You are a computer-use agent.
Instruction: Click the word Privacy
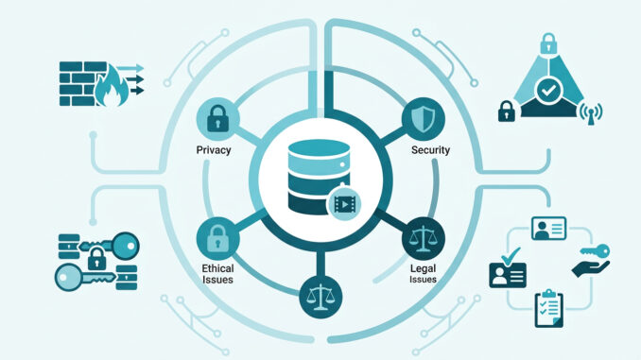(x=214, y=150)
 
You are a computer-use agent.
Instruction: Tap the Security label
(x=430, y=150)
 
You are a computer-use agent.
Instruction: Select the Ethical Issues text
(x=217, y=274)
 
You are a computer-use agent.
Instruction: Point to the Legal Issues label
(x=424, y=274)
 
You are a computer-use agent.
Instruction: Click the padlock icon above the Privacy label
(x=217, y=119)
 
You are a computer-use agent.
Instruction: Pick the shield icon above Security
(x=424, y=119)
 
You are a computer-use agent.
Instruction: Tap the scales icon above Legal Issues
(x=424, y=239)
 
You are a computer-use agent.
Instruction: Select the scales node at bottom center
(x=320, y=297)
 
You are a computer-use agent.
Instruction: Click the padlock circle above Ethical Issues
(x=217, y=239)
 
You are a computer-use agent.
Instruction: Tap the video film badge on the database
(x=344, y=203)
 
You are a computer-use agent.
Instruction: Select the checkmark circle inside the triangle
(x=547, y=90)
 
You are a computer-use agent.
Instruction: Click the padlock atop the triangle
(x=548, y=43)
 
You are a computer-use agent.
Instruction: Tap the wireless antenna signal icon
(x=591, y=113)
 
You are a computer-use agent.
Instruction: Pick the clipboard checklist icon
(x=549, y=308)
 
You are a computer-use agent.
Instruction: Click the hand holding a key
(x=593, y=260)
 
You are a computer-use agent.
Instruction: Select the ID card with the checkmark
(x=508, y=268)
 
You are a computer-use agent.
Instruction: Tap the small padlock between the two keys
(x=96, y=258)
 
